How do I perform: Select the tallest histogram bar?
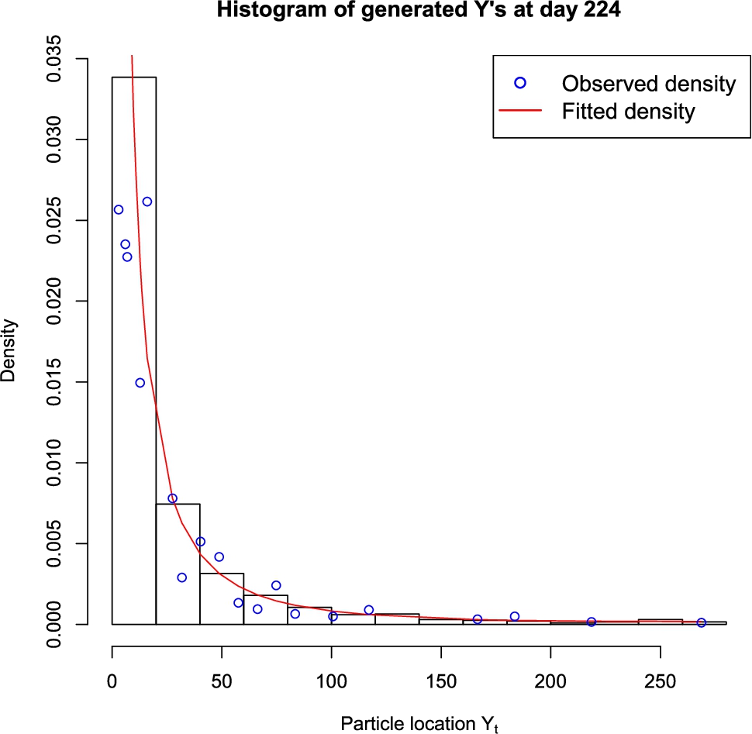[134, 349]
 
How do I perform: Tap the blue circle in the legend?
[520, 84]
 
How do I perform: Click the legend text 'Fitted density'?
[628, 112]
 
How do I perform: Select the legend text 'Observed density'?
[649, 84]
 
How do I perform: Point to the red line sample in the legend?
[520, 112]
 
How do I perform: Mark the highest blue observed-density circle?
[147, 202]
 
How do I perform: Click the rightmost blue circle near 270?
[702, 622]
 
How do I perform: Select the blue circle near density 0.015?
[140, 383]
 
